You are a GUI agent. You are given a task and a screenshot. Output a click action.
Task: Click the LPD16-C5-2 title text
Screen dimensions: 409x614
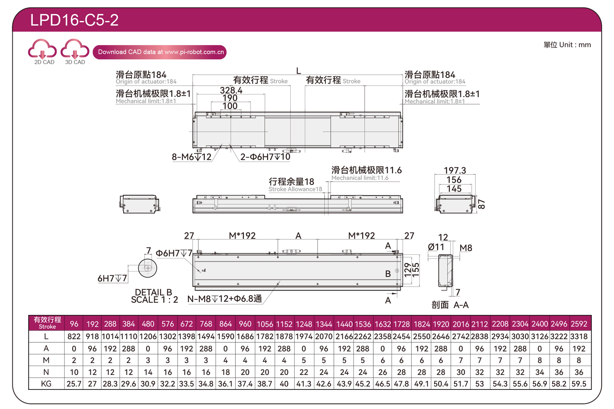click(74, 20)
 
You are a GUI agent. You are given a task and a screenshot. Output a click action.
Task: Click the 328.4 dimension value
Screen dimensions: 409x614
click(231, 90)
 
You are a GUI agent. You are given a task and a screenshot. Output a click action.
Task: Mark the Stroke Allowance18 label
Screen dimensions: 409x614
click(295, 189)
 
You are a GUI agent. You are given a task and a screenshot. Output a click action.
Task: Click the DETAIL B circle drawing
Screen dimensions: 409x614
click(147, 268)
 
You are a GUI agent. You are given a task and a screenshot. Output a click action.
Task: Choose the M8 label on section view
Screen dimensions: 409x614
click(466, 248)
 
